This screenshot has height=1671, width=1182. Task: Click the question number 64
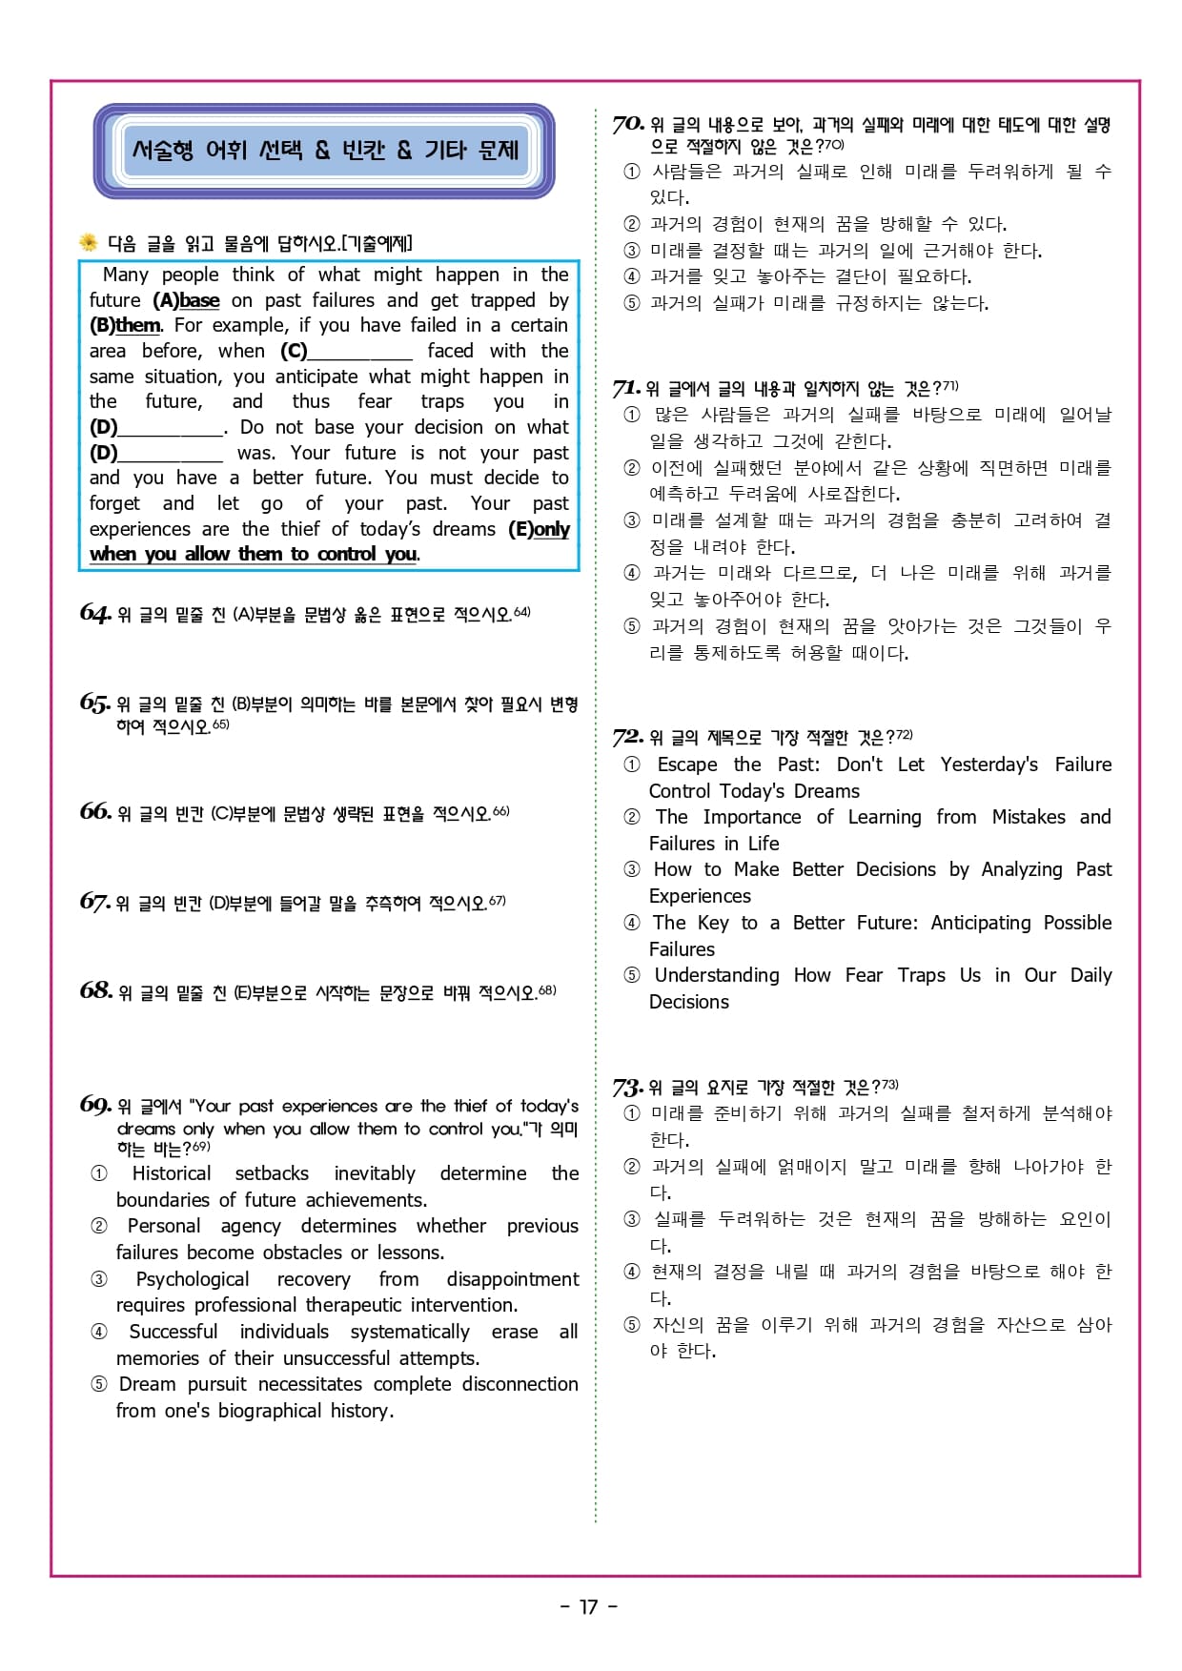click(x=94, y=613)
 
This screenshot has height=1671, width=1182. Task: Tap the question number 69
click(x=95, y=1105)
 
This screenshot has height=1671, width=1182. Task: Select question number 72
click(x=627, y=737)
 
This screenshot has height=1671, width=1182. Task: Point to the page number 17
click(x=589, y=1607)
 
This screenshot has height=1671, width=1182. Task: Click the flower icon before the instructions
click(x=89, y=242)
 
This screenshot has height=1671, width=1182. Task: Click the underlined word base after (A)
click(x=199, y=300)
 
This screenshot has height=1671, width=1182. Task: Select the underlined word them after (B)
click(x=138, y=325)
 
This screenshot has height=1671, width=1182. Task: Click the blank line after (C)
click(x=360, y=352)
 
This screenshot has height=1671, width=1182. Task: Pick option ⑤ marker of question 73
click(x=631, y=1325)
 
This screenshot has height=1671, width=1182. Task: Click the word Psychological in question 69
click(x=193, y=1279)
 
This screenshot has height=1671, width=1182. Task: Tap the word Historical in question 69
click(x=172, y=1173)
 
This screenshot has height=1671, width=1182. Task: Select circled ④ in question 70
click(x=631, y=277)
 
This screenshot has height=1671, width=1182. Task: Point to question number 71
click(x=625, y=388)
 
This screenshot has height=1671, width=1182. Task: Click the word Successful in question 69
click(x=173, y=1332)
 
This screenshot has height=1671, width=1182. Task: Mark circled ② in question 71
click(x=631, y=468)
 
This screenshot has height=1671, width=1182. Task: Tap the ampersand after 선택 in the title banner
click(x=322, y=151)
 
